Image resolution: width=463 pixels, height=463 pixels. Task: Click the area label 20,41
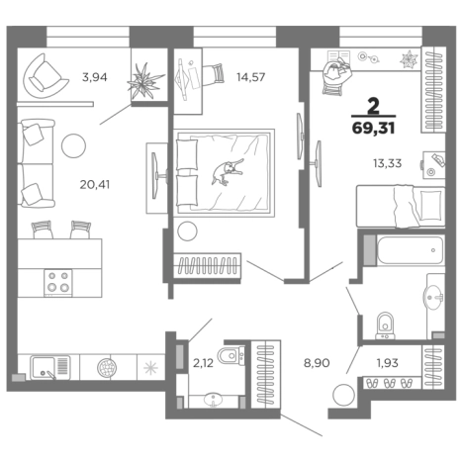coord(95,185)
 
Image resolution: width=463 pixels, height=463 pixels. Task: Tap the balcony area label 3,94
coord(95,77)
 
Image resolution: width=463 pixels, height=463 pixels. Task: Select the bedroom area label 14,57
coord(250,77)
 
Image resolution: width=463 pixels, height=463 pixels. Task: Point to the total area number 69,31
coord(373,128)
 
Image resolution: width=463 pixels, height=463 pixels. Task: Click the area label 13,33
coord(387,163)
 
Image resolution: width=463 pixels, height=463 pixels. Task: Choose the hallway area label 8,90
coord(317,363)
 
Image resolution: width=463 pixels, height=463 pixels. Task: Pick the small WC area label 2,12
coord(203,363)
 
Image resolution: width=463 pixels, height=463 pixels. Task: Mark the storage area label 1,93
coord(387,363)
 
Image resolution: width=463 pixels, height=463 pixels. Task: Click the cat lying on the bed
coord(228,171)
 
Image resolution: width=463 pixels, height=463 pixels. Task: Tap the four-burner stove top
coord(58,283)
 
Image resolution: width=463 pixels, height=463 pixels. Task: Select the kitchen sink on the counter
coord(50,367)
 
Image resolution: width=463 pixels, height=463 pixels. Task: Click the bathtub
coord(411,250)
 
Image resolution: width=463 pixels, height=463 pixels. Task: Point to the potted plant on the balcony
coord(144,81)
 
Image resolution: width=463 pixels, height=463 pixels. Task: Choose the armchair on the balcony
coord(45,76)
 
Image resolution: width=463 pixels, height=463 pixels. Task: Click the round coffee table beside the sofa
coord(73,145)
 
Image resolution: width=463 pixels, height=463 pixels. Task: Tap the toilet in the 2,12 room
coord(231,355)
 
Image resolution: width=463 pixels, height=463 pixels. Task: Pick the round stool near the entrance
coord(343,395)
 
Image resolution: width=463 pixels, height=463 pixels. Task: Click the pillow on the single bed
coord(430,205)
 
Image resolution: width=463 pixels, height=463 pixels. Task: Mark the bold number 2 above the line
coord(373,107)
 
